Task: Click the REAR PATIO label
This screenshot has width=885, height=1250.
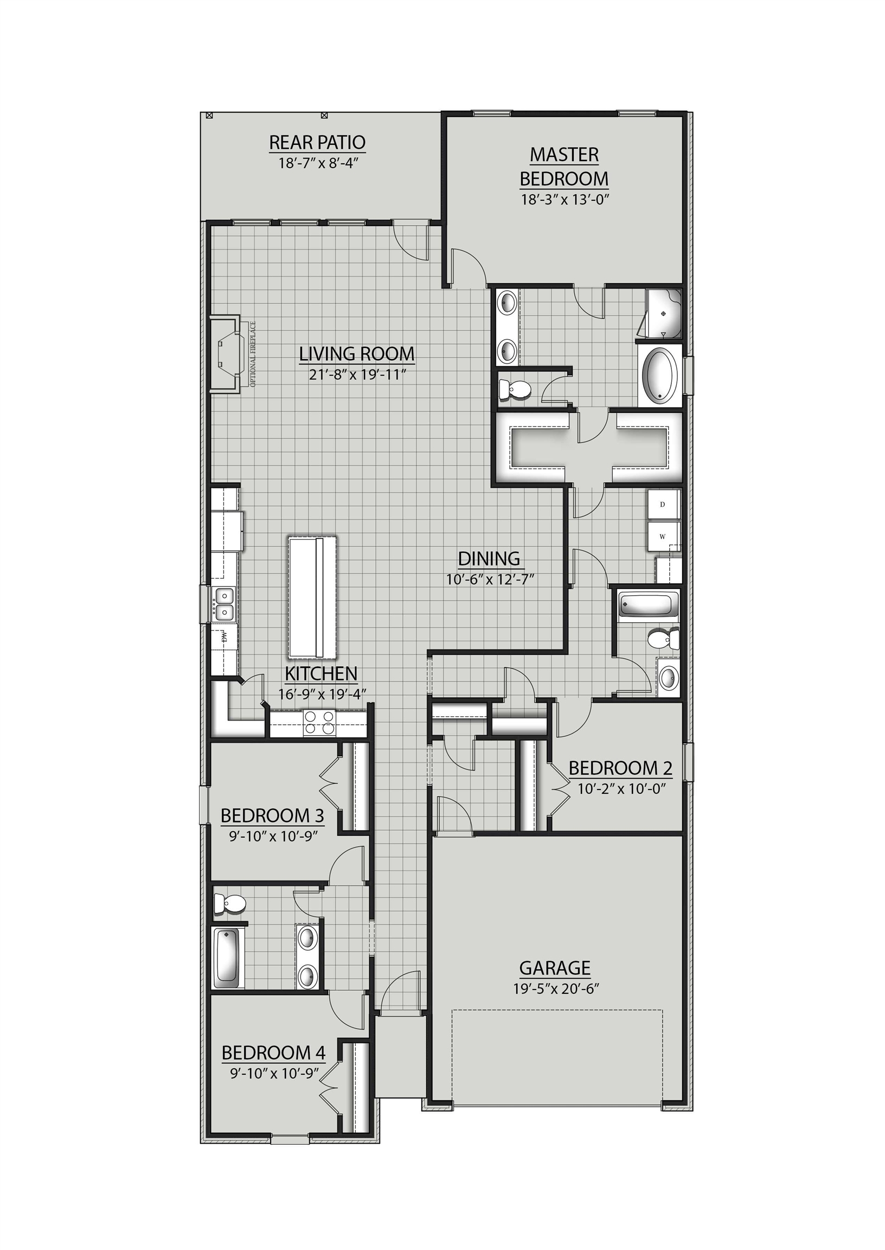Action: [x=317, y=142]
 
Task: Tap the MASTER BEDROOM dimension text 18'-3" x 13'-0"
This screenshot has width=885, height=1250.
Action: [x=565, y=200]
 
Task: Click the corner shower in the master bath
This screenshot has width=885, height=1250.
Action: [x=663, y=314]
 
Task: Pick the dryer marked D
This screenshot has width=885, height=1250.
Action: [x=663, y=504]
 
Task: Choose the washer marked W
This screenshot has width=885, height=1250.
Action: [x=663, y=537]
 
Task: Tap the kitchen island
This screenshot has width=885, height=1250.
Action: [x=312, y=597]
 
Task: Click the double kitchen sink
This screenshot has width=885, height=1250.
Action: [x=224, y=603]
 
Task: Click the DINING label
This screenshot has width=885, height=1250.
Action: [x=489, y=559]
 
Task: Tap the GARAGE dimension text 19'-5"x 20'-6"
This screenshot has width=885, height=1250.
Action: [x=556, y=989]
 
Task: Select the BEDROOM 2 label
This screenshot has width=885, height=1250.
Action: [x=620, y=768]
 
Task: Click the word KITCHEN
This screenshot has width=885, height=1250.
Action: [x=321, y=673]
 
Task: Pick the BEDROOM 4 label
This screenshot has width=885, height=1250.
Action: [x=273, y=1053]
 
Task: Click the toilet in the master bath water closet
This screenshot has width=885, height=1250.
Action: [x=515, y=390]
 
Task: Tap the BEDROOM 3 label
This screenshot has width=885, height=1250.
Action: [x=272, y=815]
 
